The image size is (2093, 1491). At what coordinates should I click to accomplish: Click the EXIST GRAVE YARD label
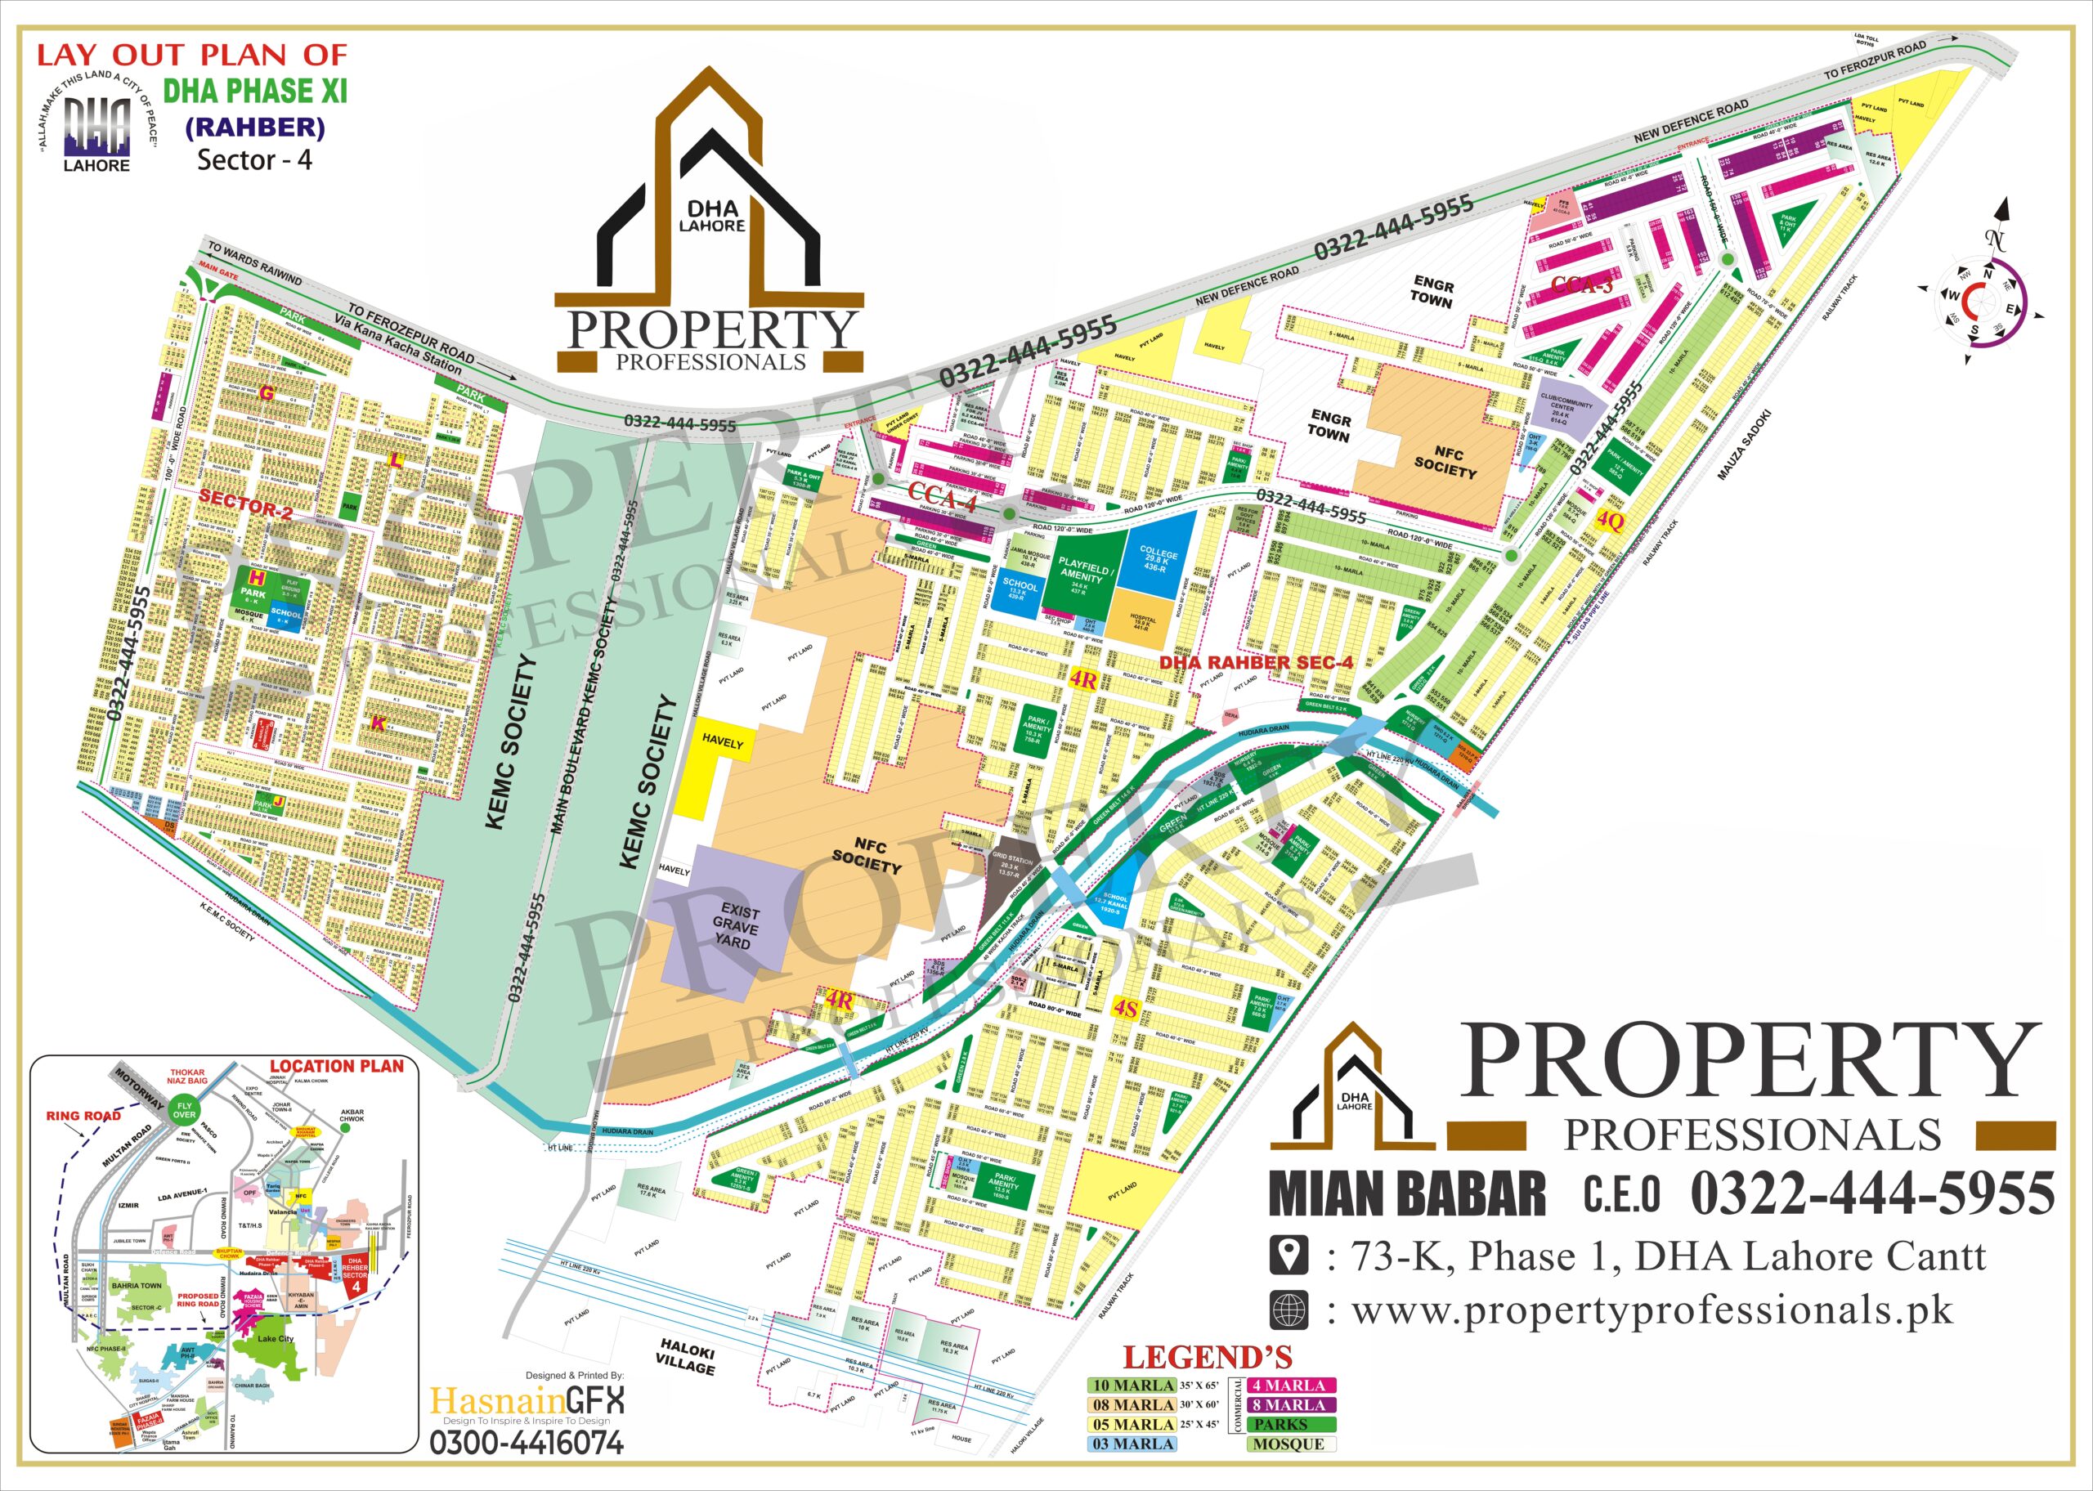[735, 925]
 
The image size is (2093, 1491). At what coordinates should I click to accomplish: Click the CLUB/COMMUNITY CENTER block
[1571, 408]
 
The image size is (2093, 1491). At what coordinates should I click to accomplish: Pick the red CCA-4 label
[942, 492]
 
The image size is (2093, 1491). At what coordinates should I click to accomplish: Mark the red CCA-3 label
[1580, 285]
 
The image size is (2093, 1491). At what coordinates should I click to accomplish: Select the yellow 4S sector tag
[1126, 1010]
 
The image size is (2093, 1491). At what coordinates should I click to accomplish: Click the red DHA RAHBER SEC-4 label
[1256, 662]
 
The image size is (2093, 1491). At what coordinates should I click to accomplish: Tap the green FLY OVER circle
[185, 1111]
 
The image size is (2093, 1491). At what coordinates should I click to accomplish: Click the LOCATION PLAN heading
[336, 1067]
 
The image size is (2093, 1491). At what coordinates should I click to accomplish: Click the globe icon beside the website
[1288, 1310]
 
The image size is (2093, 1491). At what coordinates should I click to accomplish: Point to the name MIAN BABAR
[1407, 1194]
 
